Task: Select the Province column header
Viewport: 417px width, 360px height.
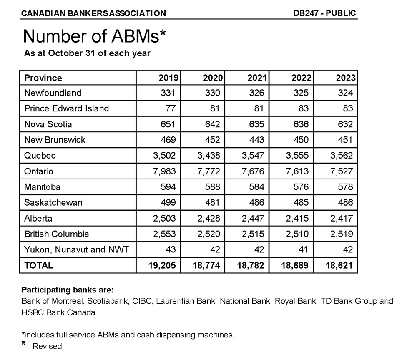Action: [x=43, y=78]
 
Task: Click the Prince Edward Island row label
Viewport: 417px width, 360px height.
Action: [x=67, y=108]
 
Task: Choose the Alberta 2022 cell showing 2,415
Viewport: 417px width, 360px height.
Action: [x=297, y=218]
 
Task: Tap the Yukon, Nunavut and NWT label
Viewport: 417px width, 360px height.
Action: [x=77, y=250]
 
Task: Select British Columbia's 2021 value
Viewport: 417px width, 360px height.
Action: [x=253, y=234]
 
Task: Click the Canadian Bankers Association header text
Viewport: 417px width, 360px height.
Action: [x=93, y=13]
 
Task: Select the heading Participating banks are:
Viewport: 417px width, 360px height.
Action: [x=68, y=290]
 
